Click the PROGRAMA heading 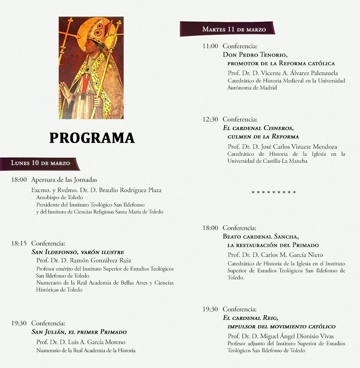(x=92, y=138)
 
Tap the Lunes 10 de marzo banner (x=40, y=163)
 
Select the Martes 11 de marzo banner (x=234, y=29)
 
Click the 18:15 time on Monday (x=19, y=243)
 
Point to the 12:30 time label (x=210, y=119)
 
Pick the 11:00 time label (x=210, y=46)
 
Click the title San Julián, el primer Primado (x=79, y=332)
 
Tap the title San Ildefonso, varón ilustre (x=77, y=252)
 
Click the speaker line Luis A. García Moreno (x=81, y=342)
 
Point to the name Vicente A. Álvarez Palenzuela (x=283, y=73)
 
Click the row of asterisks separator (x=273, y=192)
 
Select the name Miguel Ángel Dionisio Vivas (x=281, y=336)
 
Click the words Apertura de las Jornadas (x=64, y=180)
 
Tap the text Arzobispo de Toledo (x=59, y=198)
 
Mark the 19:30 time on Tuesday (x=210, y=309)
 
